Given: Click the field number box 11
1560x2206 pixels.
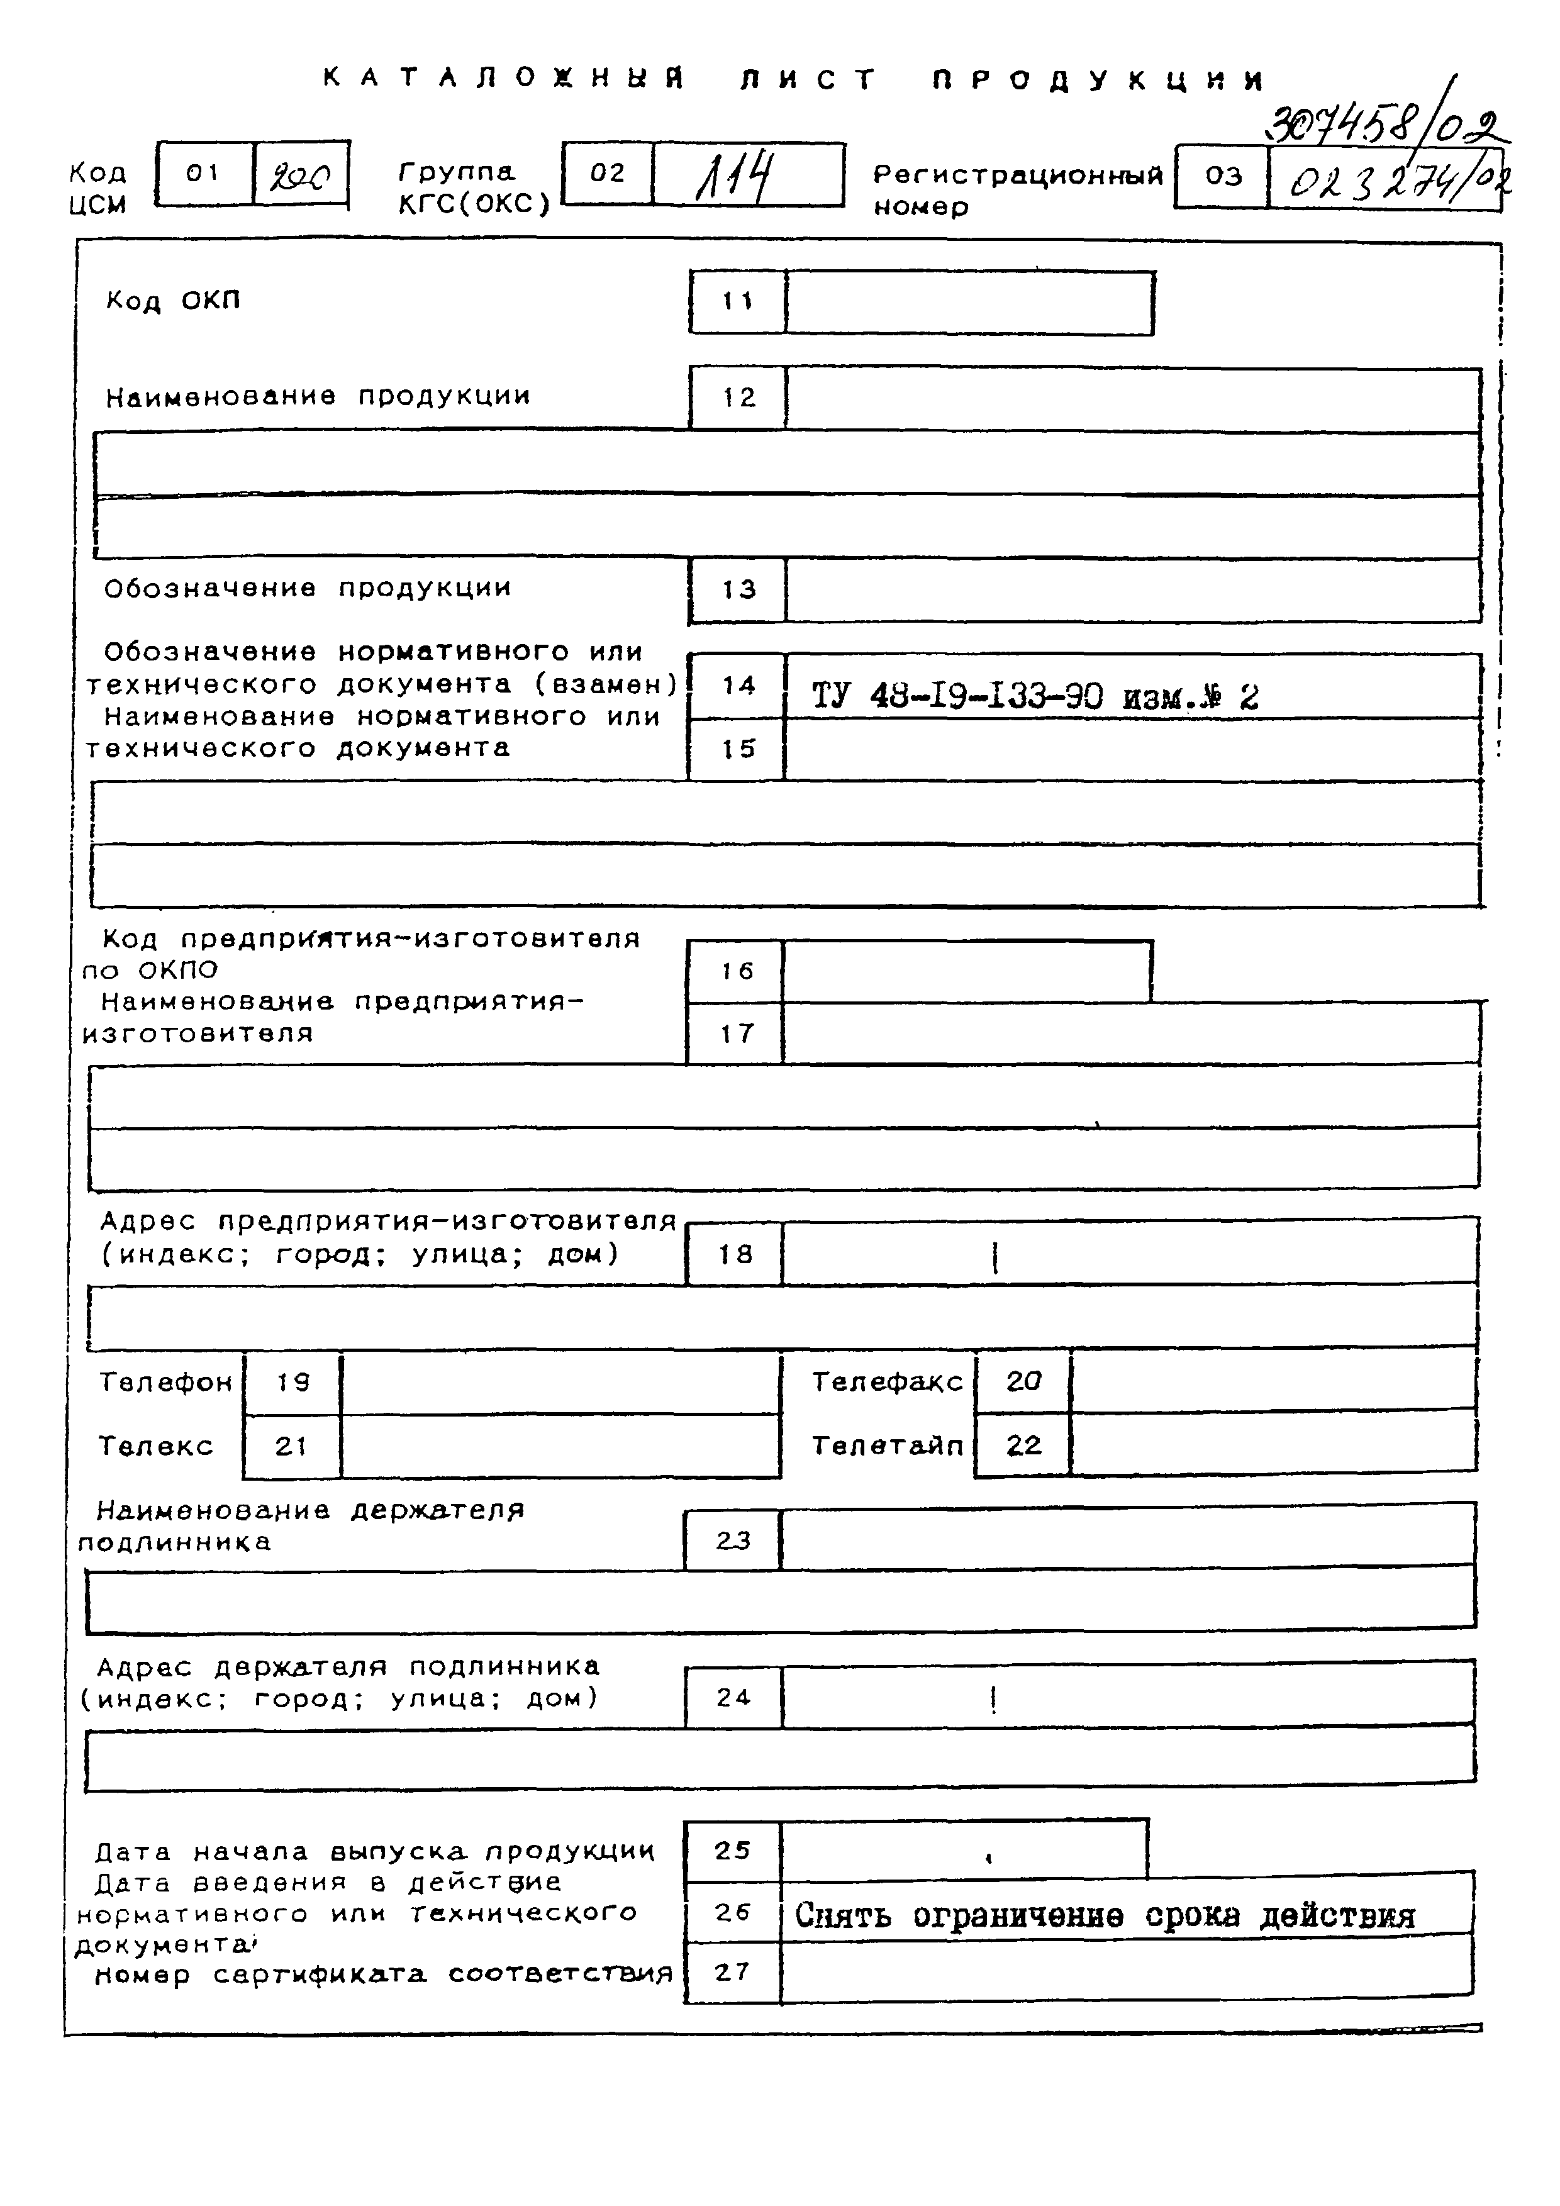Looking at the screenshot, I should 738,302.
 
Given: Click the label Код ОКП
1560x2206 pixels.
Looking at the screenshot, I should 173,301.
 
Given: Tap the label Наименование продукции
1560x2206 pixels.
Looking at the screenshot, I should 317,396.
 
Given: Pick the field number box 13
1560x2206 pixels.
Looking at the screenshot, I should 738,590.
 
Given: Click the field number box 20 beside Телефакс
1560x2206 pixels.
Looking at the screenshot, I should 1023,1381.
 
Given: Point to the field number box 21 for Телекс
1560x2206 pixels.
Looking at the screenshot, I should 291,1446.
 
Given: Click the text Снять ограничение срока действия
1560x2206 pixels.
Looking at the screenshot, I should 1105,1916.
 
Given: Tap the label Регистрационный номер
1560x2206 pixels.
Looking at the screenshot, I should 1017,189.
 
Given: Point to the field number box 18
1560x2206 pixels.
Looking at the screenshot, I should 735,1254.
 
